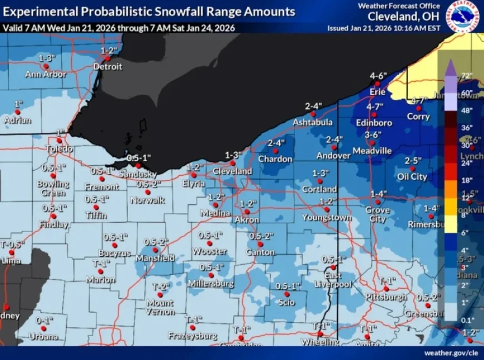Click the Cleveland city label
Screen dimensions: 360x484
click(232, 171)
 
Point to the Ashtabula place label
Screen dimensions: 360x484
click(313, 122)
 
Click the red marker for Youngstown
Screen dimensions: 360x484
click(327, 209)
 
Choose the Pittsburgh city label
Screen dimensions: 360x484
click(386, 297)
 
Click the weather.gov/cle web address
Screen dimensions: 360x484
click(451, 353)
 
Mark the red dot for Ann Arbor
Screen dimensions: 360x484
click(46, 66)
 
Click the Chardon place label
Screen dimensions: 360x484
click(275, 159)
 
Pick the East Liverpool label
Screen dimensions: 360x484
click(334, 280)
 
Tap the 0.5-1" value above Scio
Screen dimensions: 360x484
click(288, 285)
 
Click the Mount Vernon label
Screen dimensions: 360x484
click(160, 308)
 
